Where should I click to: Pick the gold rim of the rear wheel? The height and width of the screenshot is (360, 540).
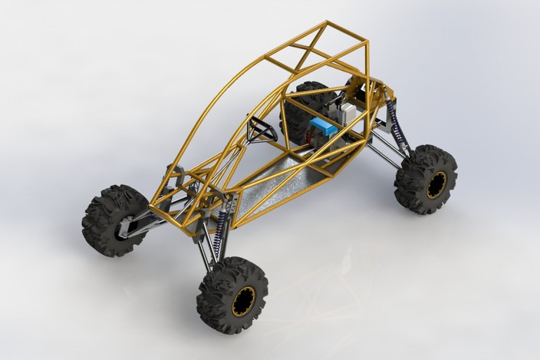(x=436, y=184)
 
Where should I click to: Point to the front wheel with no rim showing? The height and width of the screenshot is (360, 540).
(x=115, y=219)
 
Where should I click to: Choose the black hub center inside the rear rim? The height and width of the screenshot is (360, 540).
(x=438, y=185)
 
